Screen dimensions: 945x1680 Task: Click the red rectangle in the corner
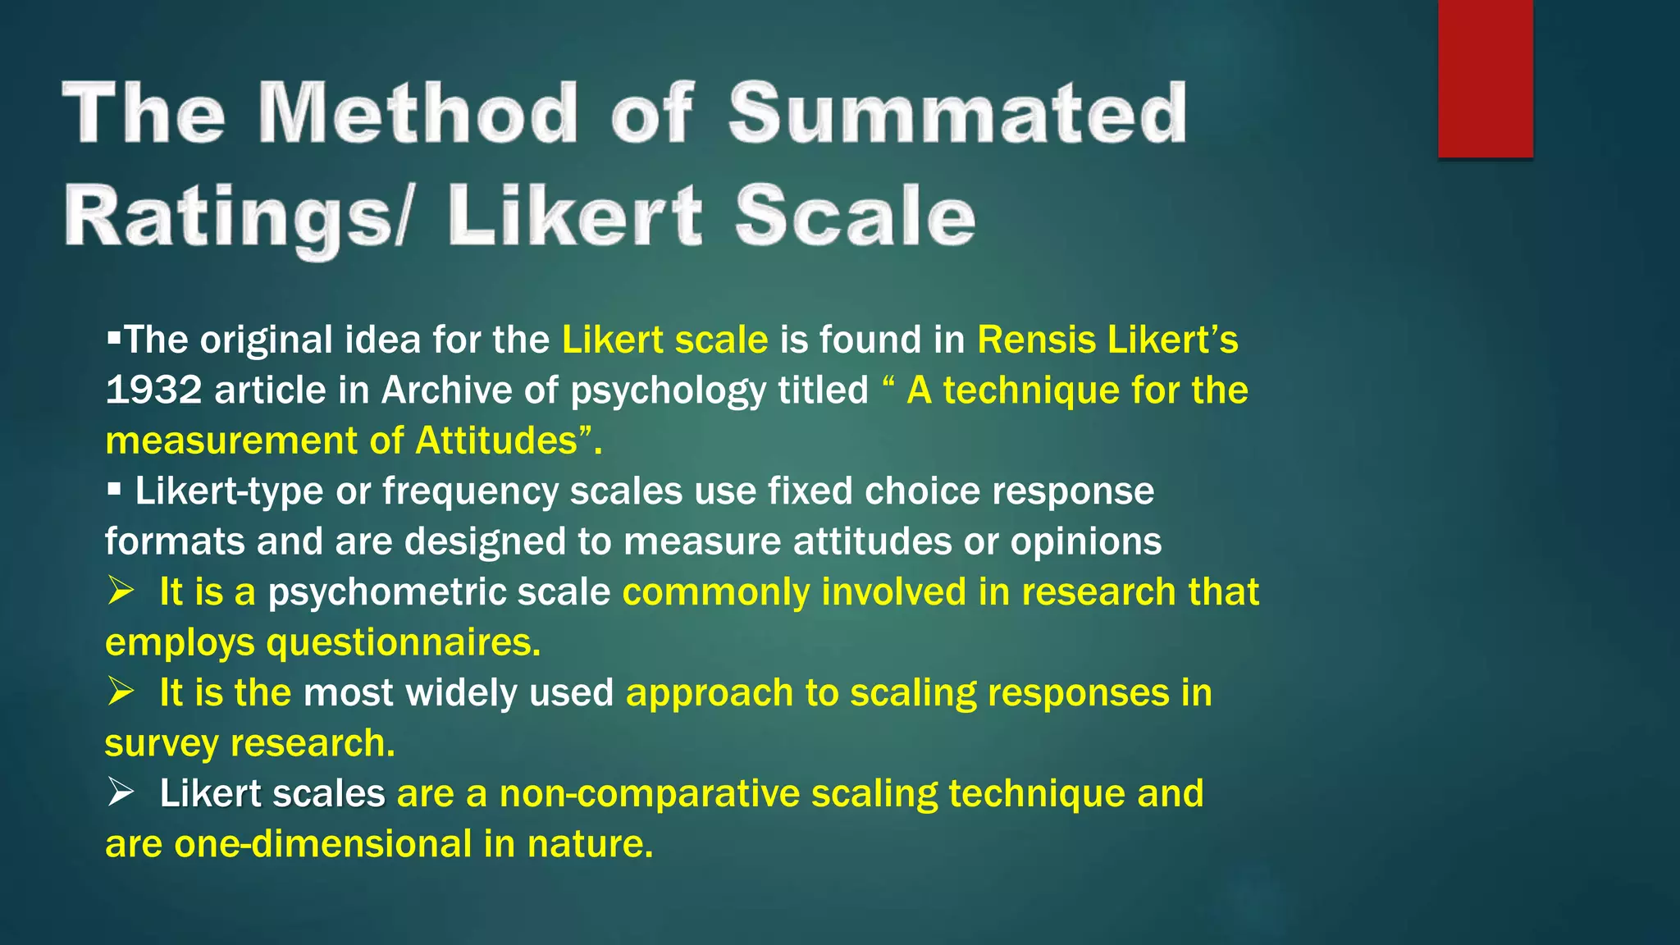pyautogui.click(x=1485, y=79)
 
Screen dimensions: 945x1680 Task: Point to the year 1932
pyautogui.click(x=153, y=390)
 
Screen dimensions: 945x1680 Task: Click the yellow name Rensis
pyautogui.click(x=1036, y=340)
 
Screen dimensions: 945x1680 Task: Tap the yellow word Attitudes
pyautogui.click(x=496, y=441)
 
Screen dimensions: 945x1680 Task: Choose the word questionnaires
pyautogui.click(x=403, y=642)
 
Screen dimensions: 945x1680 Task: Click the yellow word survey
pyautogui.click(x=162, y=743)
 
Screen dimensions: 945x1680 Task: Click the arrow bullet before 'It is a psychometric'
pyautogui.click(x=121, y=591)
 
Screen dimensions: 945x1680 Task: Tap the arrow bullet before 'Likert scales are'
pyautogui.click(x=121, y=792)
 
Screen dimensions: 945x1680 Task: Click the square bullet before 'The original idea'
pyautogui.click(x=113, y=337)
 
